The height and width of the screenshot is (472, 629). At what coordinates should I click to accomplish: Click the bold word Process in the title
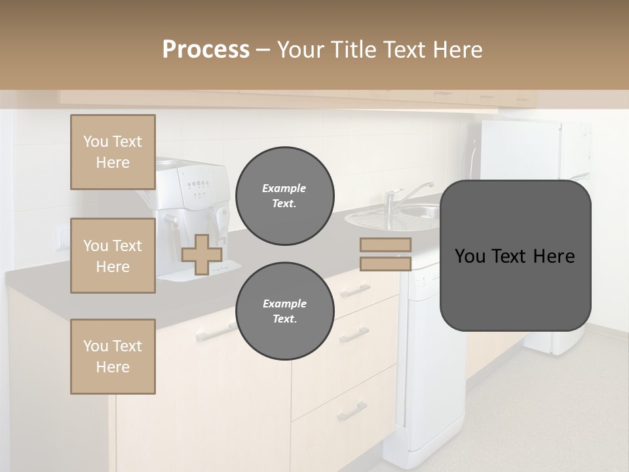pyautogui.click(x=206, y=50)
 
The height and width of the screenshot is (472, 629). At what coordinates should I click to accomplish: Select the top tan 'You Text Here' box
pyautogui.click(x=113, y=153)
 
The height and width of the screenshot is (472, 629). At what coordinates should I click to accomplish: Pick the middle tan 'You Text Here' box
pyautogui.click(x=113, y=256)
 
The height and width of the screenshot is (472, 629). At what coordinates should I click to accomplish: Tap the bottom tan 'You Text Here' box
pyautogui.click(x=113, y=357)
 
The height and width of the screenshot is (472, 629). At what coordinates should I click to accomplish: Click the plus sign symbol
pyautogui.click(x=202, y=254)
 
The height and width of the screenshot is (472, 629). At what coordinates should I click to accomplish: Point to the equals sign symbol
pyautogui.click(x=385, y=254)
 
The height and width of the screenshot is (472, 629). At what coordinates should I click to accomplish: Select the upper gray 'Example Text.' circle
pyautogui.click(x=285, y=196)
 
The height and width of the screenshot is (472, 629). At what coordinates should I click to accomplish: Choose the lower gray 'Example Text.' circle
pyautogui.click(x=285, y=311)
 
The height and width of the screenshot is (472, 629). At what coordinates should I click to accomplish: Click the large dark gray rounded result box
pyautogui.click(x=515, y=256)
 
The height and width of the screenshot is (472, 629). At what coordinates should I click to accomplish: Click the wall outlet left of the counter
pyautogui.click(x=62, y=237)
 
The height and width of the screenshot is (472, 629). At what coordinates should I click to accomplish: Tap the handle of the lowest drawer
pyautogui.click(x=352, y=412)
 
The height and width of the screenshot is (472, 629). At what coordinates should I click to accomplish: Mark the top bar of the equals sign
pyautogui.click(x=385, y=245)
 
